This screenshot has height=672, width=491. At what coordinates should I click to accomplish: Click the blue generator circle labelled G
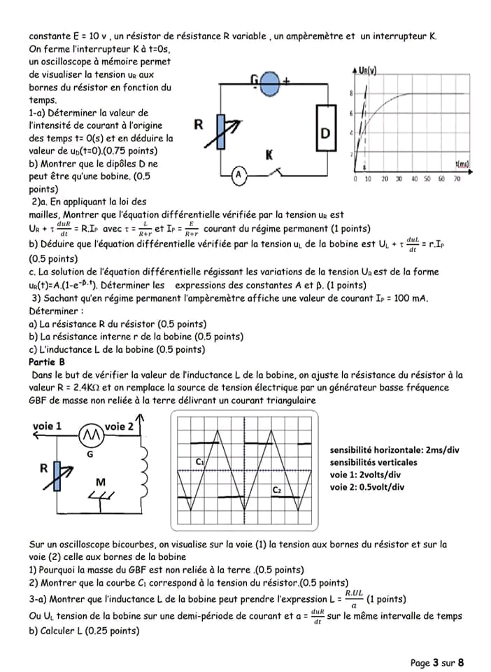pyautogui.click(x=270, y=83)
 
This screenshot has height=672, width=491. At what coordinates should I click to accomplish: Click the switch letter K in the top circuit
pyautogui.click(x=269, y=155)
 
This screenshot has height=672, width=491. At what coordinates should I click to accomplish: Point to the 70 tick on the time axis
pyautogui.click(x=457, y=179)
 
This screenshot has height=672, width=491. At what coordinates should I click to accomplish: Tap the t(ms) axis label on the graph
pyautogui.click(x=462, y=163)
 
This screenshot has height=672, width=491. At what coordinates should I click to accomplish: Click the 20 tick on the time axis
pyautogui.click(x=385, y=179)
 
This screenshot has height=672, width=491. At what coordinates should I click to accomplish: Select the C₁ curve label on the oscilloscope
pyautogui.click(x=199, y=461)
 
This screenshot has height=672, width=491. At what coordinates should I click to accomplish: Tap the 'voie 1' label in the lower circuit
pyautogui.click(x=47, y=426)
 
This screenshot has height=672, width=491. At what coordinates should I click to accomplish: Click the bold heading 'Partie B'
pyautogui.click(x=47, y=361)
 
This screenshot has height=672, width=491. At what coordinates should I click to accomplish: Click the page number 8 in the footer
pyautogui.click(x=461, y=662)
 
